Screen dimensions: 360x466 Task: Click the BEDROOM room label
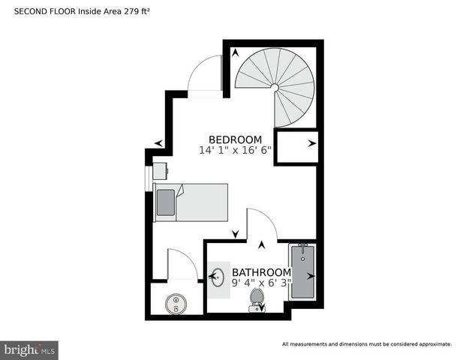pyautogui.click(x=235, y=139)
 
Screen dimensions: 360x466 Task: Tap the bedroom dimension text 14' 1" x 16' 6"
pyautogui.click(x=235, y=151)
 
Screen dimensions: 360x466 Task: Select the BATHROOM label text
pyautogui.click(x=261, y=271)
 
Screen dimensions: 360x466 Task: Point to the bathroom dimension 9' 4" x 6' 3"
pyautogui.click(x=261, y=283)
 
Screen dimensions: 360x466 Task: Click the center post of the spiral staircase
pyautogui.click(x=275, y=88)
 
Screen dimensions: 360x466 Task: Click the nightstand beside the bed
pyautogui.click(x=161, y=171)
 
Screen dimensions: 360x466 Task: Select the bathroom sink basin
pyautogui.click(x=218, y=277)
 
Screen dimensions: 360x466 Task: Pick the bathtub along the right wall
pyautogui.click(x=302, y=271)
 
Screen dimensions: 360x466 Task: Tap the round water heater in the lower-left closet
pyautogui.click(x=176, y=303)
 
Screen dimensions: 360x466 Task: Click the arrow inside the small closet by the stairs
pyautogui.click(x=311, y=142)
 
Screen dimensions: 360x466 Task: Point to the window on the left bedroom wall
pyautogui.click(x=149, y=181)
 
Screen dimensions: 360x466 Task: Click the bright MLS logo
pyautogui.click(x=29, y=349)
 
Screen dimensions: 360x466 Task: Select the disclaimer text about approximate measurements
pyautogui.click(x=366, y=344)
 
